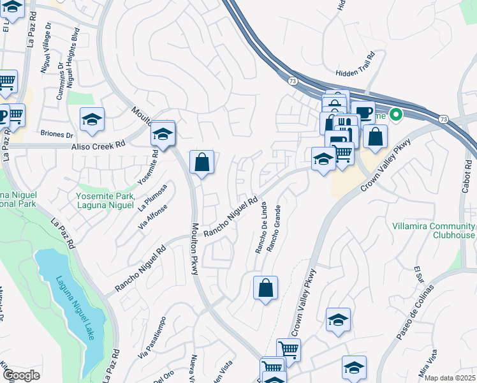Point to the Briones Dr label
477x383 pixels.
tap(57, 135)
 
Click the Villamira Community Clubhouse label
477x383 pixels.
tap(434, 230)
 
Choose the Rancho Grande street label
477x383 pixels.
tap(274, 228)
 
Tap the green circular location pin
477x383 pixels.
tap(396, 116)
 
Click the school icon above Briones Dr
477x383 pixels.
tap(92, 119)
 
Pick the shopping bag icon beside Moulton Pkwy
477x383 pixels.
tap(202, 163)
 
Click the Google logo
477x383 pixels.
tap(21, 375)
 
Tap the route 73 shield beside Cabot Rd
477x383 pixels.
tap(443, 119)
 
